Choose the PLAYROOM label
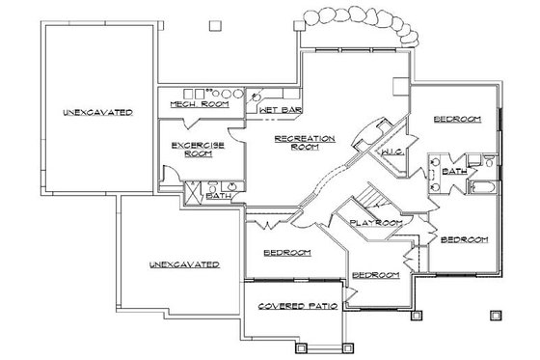[376, 223]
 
